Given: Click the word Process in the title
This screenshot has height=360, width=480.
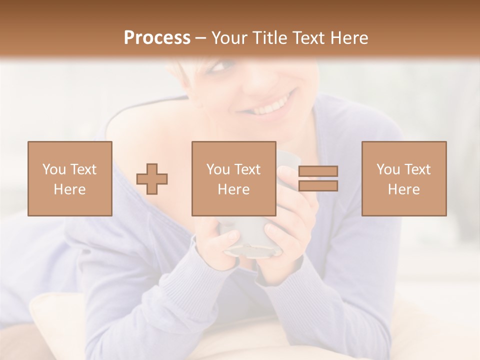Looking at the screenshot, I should click(157, 38).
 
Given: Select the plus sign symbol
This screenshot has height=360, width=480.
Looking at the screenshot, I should click(152, 178).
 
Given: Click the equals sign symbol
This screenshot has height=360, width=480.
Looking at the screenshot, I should click(318, 178).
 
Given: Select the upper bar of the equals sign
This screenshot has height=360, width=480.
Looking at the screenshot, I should click(318, 171).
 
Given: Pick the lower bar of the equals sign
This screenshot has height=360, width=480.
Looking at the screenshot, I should click(318, 186).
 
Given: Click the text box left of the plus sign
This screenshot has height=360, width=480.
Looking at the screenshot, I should click(70, 178).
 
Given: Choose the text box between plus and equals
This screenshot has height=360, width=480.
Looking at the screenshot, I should click(234, 178).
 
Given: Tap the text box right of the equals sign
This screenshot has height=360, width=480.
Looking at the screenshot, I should click(404, 178).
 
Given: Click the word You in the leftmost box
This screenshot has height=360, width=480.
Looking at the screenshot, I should click(54, 169).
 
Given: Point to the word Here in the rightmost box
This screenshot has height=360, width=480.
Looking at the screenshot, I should click(404, 189).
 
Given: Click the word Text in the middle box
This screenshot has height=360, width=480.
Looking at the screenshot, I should click(247, 169).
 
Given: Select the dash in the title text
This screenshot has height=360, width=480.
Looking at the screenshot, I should click(201, 38).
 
